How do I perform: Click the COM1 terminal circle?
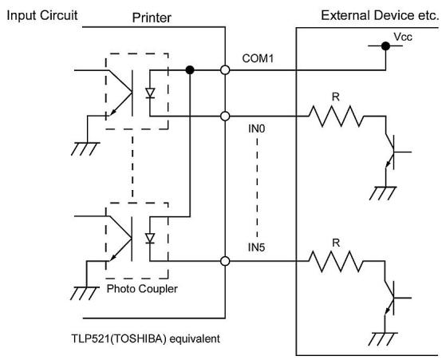225,69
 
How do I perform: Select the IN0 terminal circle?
225,116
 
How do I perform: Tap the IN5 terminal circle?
225,261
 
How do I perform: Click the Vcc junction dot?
385,46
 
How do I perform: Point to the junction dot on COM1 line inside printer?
190,69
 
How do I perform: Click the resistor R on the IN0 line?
336,116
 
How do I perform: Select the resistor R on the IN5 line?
336,261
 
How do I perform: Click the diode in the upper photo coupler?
150,93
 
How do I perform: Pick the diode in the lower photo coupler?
150,239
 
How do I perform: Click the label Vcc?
403,37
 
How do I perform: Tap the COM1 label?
258,58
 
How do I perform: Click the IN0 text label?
257,129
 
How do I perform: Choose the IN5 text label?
257,247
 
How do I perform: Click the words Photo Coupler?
142,289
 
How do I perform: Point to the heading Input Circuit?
42,15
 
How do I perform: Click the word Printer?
152,18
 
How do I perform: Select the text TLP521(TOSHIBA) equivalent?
146,338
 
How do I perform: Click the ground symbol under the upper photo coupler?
85,149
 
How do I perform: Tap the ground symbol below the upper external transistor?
383,193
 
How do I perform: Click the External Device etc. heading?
380,15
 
